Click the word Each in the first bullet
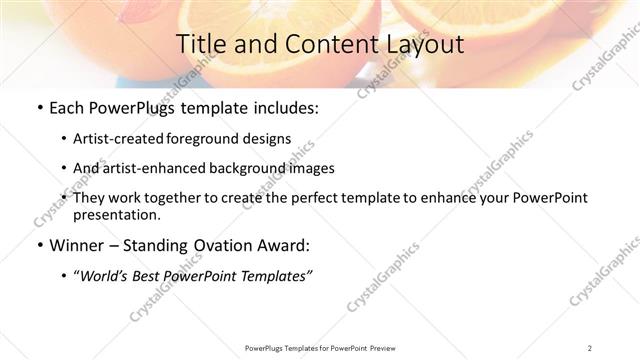(67, 109)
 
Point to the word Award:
(283, 246)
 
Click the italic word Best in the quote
(154, 276)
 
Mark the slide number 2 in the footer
(591, 347)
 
